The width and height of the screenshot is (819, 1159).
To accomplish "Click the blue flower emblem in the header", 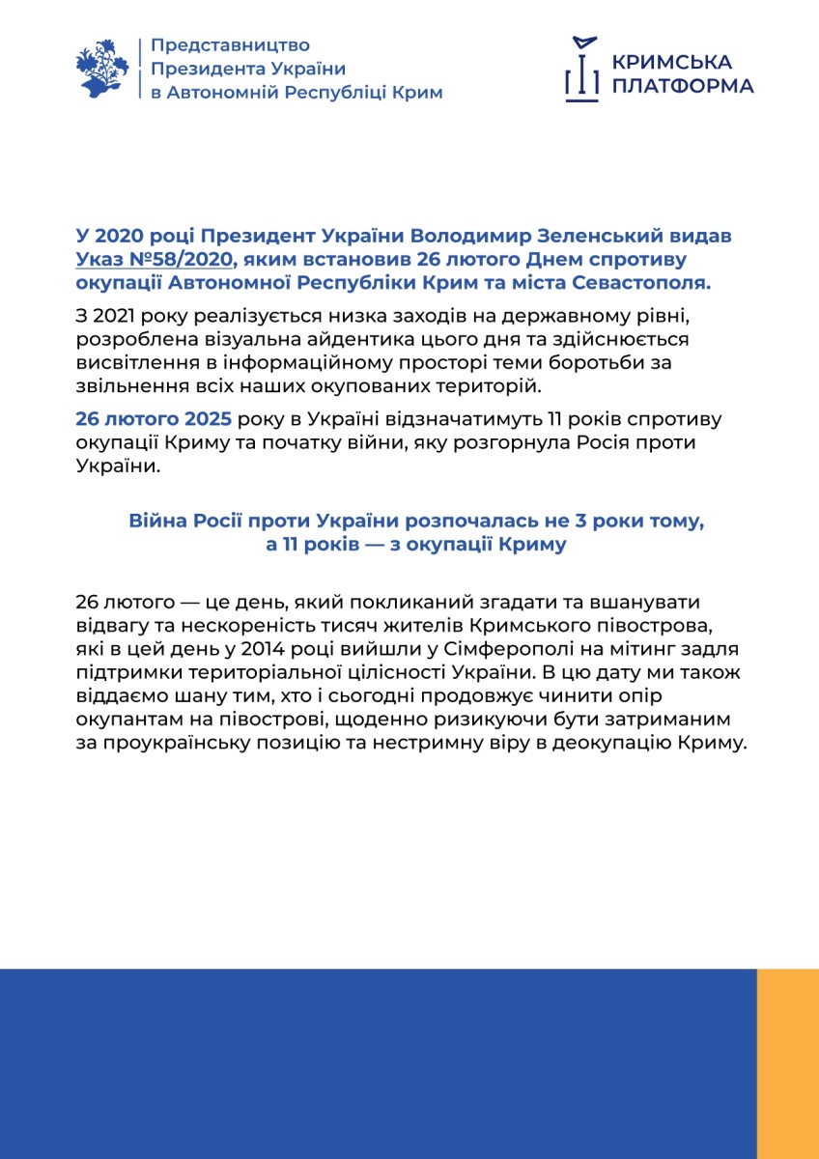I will coord(101,68).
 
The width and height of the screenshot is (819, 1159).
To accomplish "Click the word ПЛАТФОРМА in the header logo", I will coord(683,86).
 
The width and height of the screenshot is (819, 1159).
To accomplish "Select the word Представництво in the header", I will coord(231,45).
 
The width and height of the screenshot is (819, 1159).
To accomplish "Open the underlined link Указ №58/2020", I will coord(154,259).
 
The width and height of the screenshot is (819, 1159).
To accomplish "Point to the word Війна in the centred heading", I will coord(155,522).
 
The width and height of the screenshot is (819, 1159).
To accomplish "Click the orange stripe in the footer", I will coord(787,1062).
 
